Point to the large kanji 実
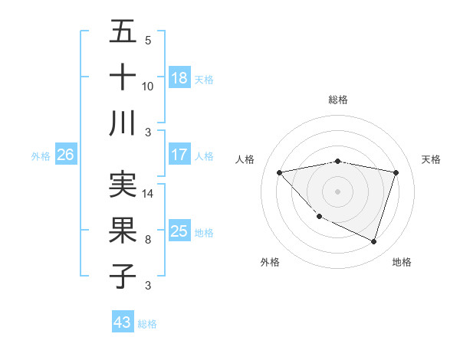pos(123,185)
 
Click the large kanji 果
pos(123,230)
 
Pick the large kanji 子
pos(123,275)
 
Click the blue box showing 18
pos(179,78)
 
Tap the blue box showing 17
pos(179,155)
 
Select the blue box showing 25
pos(179,231)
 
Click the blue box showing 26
pos(65,155)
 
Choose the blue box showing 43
pos(123,322)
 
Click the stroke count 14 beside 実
pos(149,194)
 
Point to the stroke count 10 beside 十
pos(148,87)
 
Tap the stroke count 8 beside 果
pos(148,240)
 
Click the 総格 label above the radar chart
pos(338,100)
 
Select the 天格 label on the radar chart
pos(432,159)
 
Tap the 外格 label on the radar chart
pos(270,262)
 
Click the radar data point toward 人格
pos(280,172)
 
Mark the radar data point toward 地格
pos(373,242)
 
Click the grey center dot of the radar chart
pos(337,191)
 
